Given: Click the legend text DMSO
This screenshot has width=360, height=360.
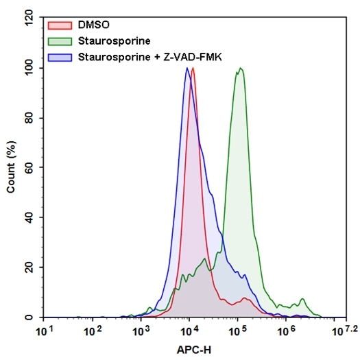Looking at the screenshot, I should point(94,25).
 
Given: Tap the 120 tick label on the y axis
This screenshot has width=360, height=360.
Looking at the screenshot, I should point(28,18).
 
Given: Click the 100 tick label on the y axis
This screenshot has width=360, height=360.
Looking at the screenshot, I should point(28,68).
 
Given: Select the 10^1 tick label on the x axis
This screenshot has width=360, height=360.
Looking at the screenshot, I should point(44,331).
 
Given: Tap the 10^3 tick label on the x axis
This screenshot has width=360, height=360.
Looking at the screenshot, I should point(141,331).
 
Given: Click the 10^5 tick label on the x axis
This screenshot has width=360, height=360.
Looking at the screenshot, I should point(237,331).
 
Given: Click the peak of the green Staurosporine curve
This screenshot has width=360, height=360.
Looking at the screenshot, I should point(240,68).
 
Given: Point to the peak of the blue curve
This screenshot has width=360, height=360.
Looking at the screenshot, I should point(187,68).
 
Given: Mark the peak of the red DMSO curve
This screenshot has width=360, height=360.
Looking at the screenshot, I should point(193,68).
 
